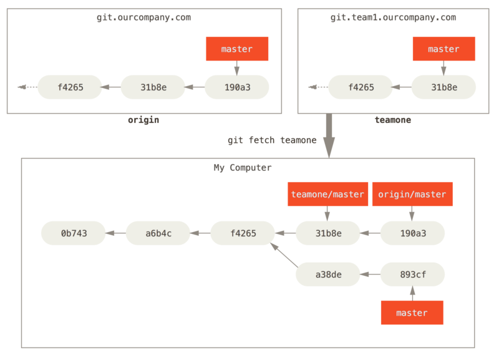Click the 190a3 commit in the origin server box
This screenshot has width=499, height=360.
pos(237,87)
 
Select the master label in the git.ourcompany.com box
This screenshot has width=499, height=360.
pos(237,49)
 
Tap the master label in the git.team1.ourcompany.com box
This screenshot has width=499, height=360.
pos(443,49)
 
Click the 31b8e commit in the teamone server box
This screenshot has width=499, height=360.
pos(443,87)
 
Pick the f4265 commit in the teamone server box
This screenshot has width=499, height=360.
pos(361,87)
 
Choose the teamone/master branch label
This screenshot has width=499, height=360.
pos(327,194)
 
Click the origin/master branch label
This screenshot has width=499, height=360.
pos(412,194)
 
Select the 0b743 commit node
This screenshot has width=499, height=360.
pos(74,233)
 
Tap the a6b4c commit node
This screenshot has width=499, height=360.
pos(158,233)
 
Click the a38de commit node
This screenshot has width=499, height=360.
pos(327,274)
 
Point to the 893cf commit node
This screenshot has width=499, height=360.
pos(412,274)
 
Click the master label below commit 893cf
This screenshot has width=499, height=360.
pos(412,313)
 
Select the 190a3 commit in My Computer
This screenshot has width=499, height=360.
pos(412,233)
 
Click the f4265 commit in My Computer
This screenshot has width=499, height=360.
pos(243,233)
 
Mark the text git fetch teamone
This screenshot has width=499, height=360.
pos(271,140)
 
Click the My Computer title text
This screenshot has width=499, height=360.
pos(243,168)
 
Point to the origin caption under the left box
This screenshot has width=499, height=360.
pos(143,120)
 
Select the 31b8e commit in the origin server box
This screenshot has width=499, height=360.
pos(153,87)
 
